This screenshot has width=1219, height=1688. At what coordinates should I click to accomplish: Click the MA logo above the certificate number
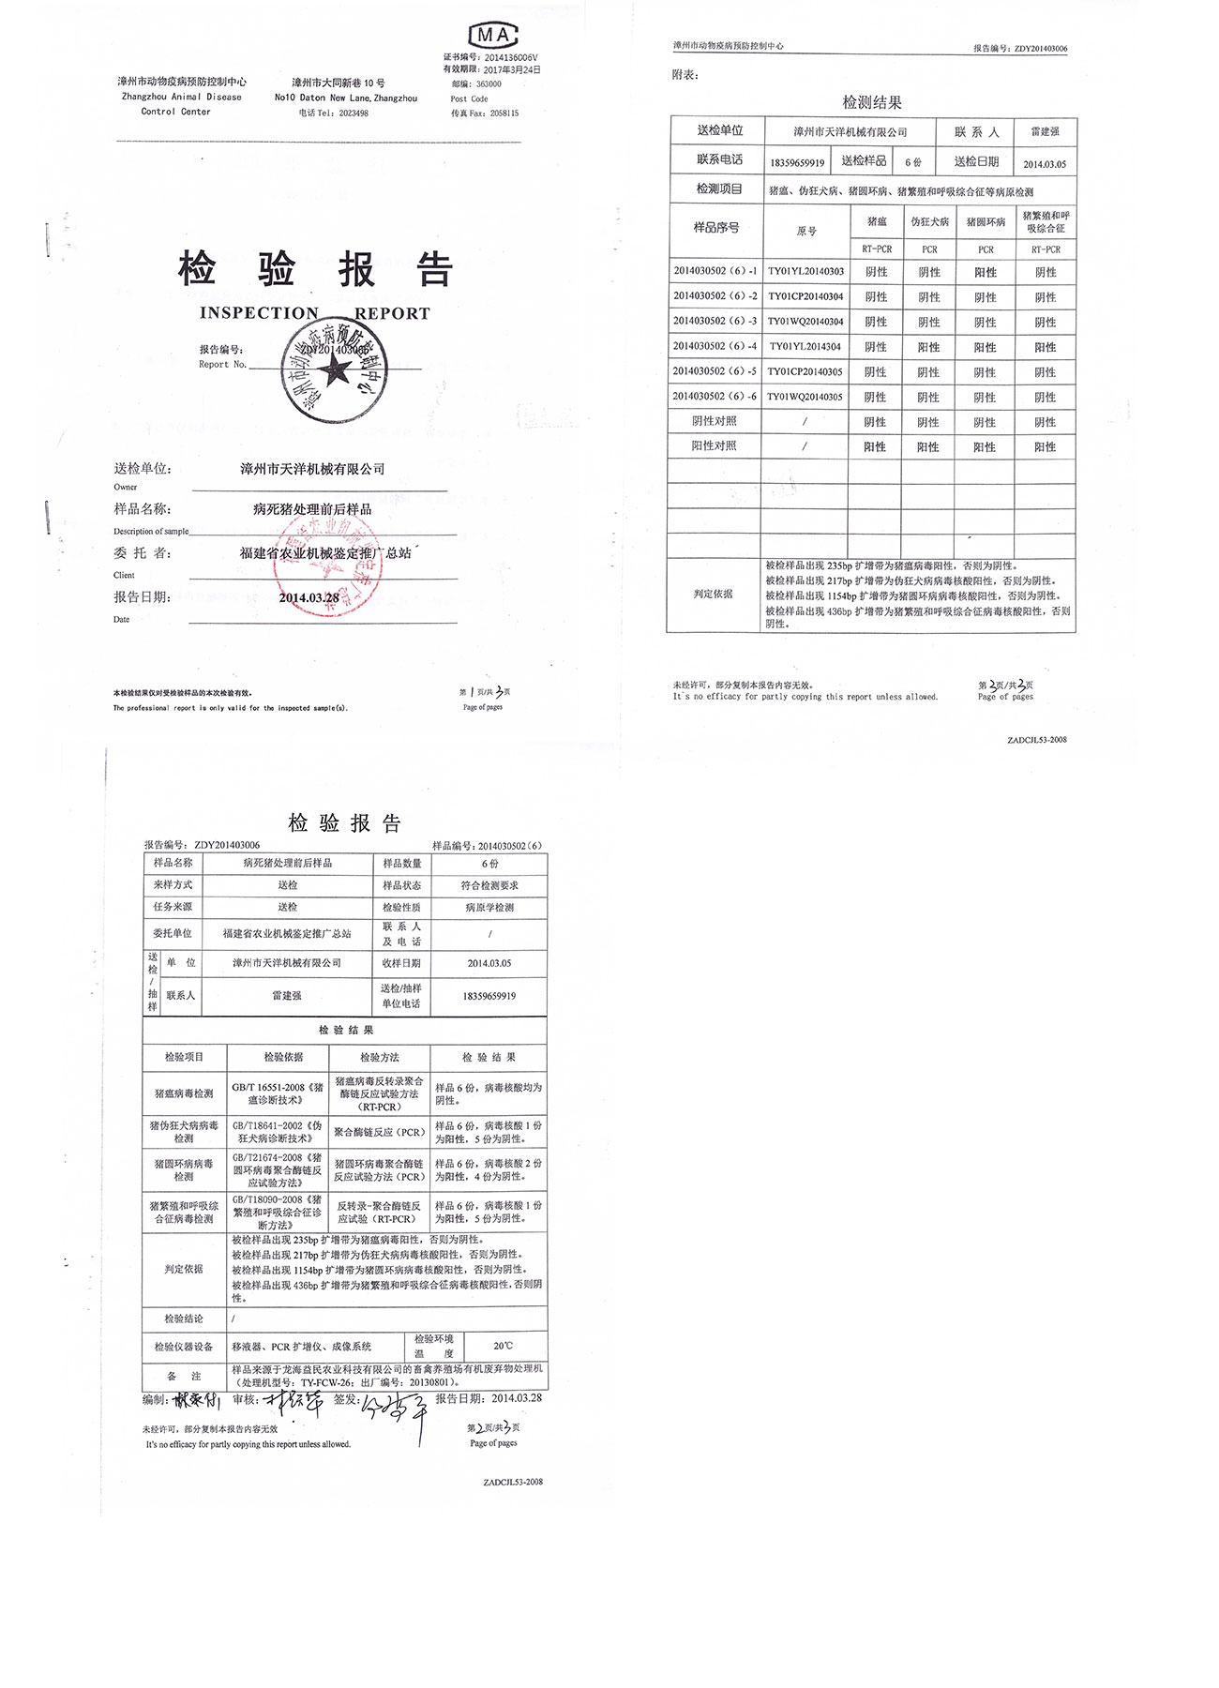click(492, 36)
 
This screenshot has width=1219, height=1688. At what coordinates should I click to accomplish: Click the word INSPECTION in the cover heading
click(259, 313)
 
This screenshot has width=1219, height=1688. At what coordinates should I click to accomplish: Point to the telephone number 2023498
click(354, 113)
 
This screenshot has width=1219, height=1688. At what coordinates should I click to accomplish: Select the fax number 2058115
click(504, 113)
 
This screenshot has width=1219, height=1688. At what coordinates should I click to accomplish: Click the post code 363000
click(489, 84)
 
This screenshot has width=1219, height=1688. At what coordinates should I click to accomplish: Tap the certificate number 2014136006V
click(512, 57)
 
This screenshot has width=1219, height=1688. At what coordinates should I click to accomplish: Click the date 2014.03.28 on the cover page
click(309, 598)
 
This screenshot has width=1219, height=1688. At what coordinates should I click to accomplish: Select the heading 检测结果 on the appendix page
click(872, 102)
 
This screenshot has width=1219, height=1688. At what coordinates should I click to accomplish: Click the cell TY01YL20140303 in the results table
click(805, 272)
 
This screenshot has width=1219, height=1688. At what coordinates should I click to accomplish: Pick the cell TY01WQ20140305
click(805, 398)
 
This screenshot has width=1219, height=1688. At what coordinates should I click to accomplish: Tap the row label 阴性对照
click(715, 422)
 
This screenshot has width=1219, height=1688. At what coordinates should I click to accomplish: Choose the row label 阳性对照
click(715, 446)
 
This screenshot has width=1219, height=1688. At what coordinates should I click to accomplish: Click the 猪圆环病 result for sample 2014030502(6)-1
click(986, 273)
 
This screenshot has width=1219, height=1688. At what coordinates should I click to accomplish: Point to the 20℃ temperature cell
click(504, 1346)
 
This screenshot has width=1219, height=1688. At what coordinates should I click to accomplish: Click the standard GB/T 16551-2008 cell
click(278, 1093)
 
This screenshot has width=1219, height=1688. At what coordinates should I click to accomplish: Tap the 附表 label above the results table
click(685, 75)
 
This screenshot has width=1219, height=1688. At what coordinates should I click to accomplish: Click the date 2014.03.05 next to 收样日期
click(489, 963)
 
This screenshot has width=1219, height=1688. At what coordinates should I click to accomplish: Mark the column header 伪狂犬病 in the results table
click(929, 222)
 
